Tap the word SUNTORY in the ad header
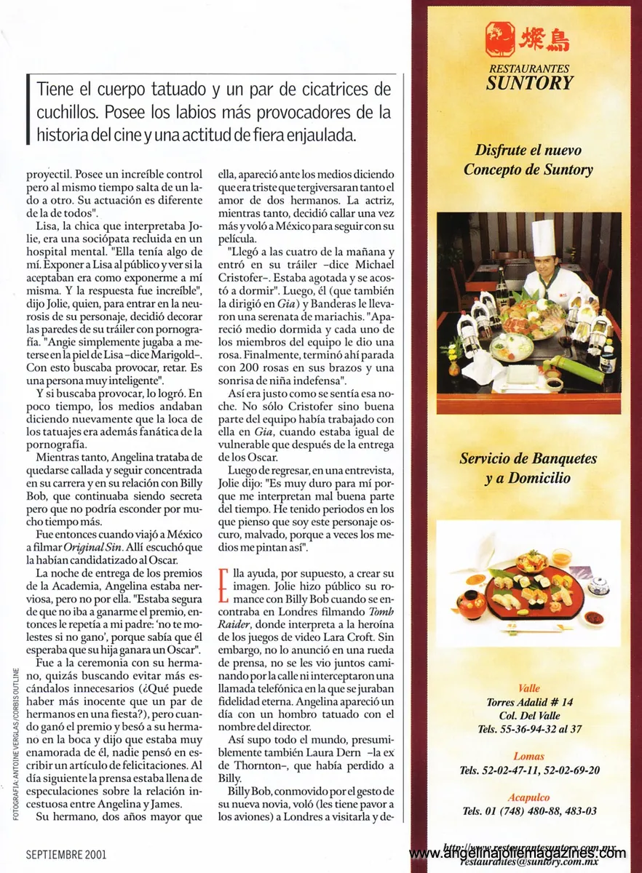pyautogui.click(x=529, y=83)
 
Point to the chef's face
pyautogui.click(x=543, y=266)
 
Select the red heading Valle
pyautogui.click(x=529, y=688)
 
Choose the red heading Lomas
pyautogui.click(x=529, y=756)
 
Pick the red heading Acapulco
pyautogui.click(x=529, y=797)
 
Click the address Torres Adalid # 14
pyautogui.click(x=529, y=702)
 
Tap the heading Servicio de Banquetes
pyautogui.click(x=528, y=459)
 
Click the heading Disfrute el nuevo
pyautogui.click(x=528, y=151)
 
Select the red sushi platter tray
pyautogui.click(x=535, y=590)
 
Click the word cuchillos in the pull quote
pyautogui.click(x=63, y=113)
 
